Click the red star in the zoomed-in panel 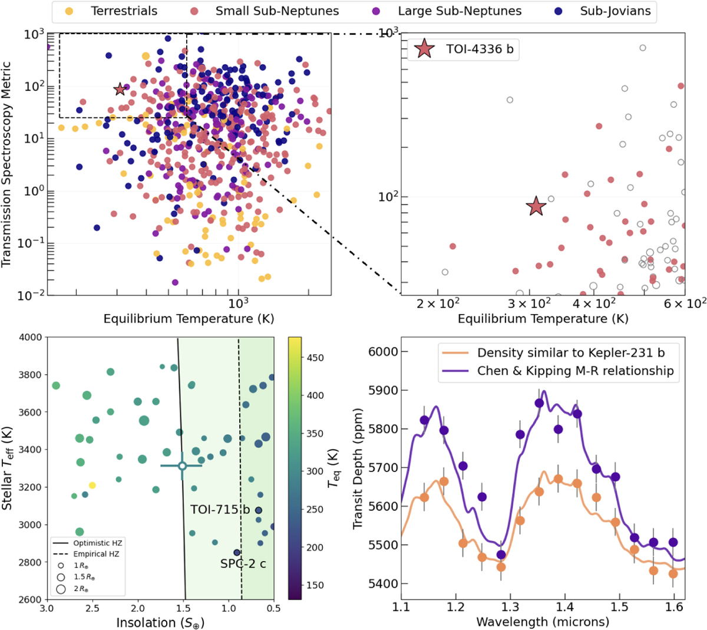536,206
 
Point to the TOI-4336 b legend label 479,50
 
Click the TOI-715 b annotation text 220,510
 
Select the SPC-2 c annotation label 243,564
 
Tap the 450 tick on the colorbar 316,358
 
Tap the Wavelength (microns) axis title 542,622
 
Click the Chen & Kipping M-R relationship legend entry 575,371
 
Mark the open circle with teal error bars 182,466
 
